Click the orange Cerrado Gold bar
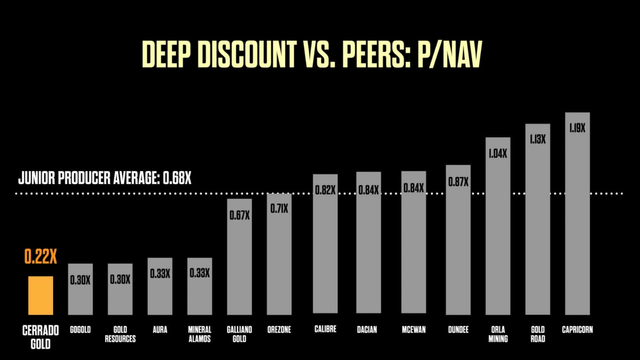[41, 295]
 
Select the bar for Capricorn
[577, 214]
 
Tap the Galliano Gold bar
[239, 257]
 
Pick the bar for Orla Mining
[498, 227]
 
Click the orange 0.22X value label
[41, 257]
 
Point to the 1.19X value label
[577, 128]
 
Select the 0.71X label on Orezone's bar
[279, 209]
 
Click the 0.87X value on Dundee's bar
[458, 182]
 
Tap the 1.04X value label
[498, 154]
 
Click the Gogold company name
[80, 330]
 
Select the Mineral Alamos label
[200, 334]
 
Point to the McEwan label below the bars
[414, 330]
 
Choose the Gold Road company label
[538, 334]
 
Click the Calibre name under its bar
[325, 329]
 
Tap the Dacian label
[367, 330]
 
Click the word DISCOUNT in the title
[247, 55]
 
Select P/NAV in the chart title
[449, 55]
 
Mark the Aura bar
[160, 287]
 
